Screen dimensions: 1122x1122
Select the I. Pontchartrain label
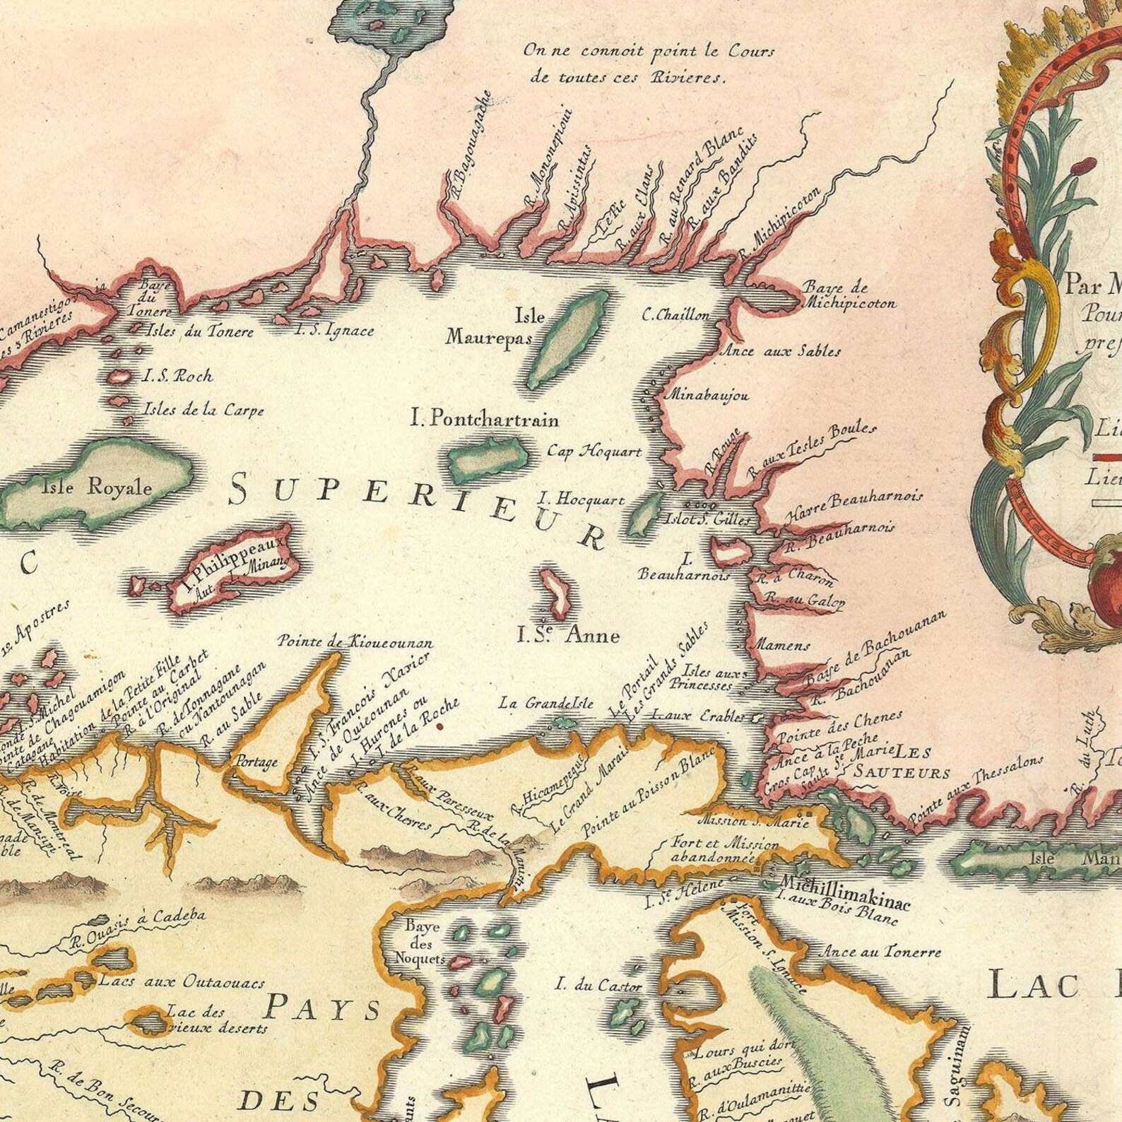click(x=485, y=419)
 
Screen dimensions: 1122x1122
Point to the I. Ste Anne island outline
click(x=555, y=592)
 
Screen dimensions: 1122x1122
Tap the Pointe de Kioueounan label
click(x=355, y=642)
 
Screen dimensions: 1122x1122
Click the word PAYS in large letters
click(x=325, y=1009)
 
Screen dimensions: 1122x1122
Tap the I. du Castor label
click(x=599, y=984)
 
